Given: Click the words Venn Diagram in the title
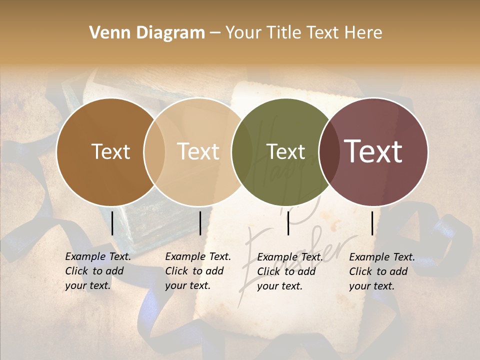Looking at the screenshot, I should pyautogui.click(x=147, y=33).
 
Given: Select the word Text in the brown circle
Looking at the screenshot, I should pyautogui.click(x=110, y=151).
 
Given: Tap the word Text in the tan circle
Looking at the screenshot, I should pyautogui.click(x=198, y=151).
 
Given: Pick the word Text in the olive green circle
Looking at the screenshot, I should pyautogui.click(x=285, y=151).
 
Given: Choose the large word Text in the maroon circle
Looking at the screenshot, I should pyautogui.click(x=373, y=151).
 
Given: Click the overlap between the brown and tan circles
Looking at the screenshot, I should pyautogui.click(x=154, y=151).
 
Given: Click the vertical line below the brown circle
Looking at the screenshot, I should pyautogui.click(x=112, y=223).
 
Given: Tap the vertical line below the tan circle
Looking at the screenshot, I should pyautogui.click(x=200, y=223).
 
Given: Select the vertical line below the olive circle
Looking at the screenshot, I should pyautogui.click(x=288, y=223).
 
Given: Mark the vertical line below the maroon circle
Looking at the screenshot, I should pyautogui.click(x=372, y=223).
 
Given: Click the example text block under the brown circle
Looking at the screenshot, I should pyautogui.click(x=98, y=271).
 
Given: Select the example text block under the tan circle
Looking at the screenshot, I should pyautogui.click(x=198, y=271).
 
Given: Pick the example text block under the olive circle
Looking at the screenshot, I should pyautogui.click(x=290, y=271).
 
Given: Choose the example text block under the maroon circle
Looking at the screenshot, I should pyautogui.click(x=382, y=271).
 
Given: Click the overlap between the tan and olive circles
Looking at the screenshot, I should pyautogui.click(x=242, y=151).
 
